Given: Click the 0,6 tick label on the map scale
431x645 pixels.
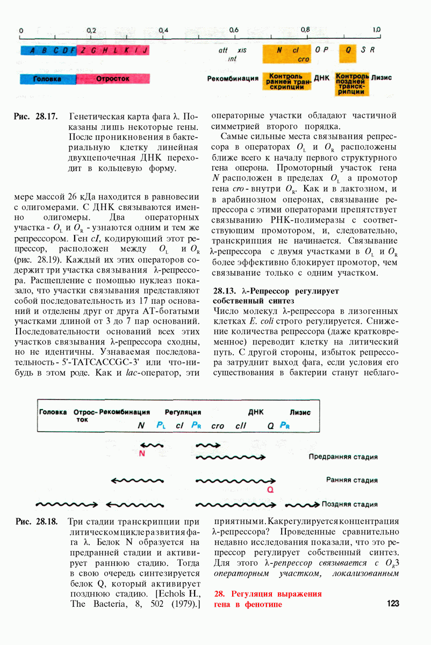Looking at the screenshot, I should coord(234,30).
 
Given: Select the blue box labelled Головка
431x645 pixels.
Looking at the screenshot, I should coord(47,78).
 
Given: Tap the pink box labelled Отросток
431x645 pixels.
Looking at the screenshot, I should coord(112,78).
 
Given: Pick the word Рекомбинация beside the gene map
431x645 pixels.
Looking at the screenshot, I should coord(233,78).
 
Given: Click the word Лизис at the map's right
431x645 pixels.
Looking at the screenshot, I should coord(381,77).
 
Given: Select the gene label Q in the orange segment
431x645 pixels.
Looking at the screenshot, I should coord(348,50).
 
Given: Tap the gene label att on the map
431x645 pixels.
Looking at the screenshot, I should coord(223,50).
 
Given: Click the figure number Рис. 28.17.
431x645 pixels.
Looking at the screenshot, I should coord(36,117).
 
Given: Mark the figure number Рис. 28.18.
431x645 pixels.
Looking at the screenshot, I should coord(37,521).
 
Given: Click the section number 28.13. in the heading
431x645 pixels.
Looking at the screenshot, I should coord(227,291).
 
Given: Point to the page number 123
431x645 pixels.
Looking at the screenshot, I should coord(393,604).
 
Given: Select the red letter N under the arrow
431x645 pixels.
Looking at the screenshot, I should coord(142,453).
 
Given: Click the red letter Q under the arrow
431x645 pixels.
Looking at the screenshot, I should coord(270,490).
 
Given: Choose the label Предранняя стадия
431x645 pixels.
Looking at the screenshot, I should coord(343,457).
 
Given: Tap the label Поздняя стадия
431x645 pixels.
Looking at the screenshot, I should coord(349,505).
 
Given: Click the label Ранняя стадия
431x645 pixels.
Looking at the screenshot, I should coord(351,480).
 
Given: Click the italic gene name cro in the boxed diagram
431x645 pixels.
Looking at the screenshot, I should coord(217,426).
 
